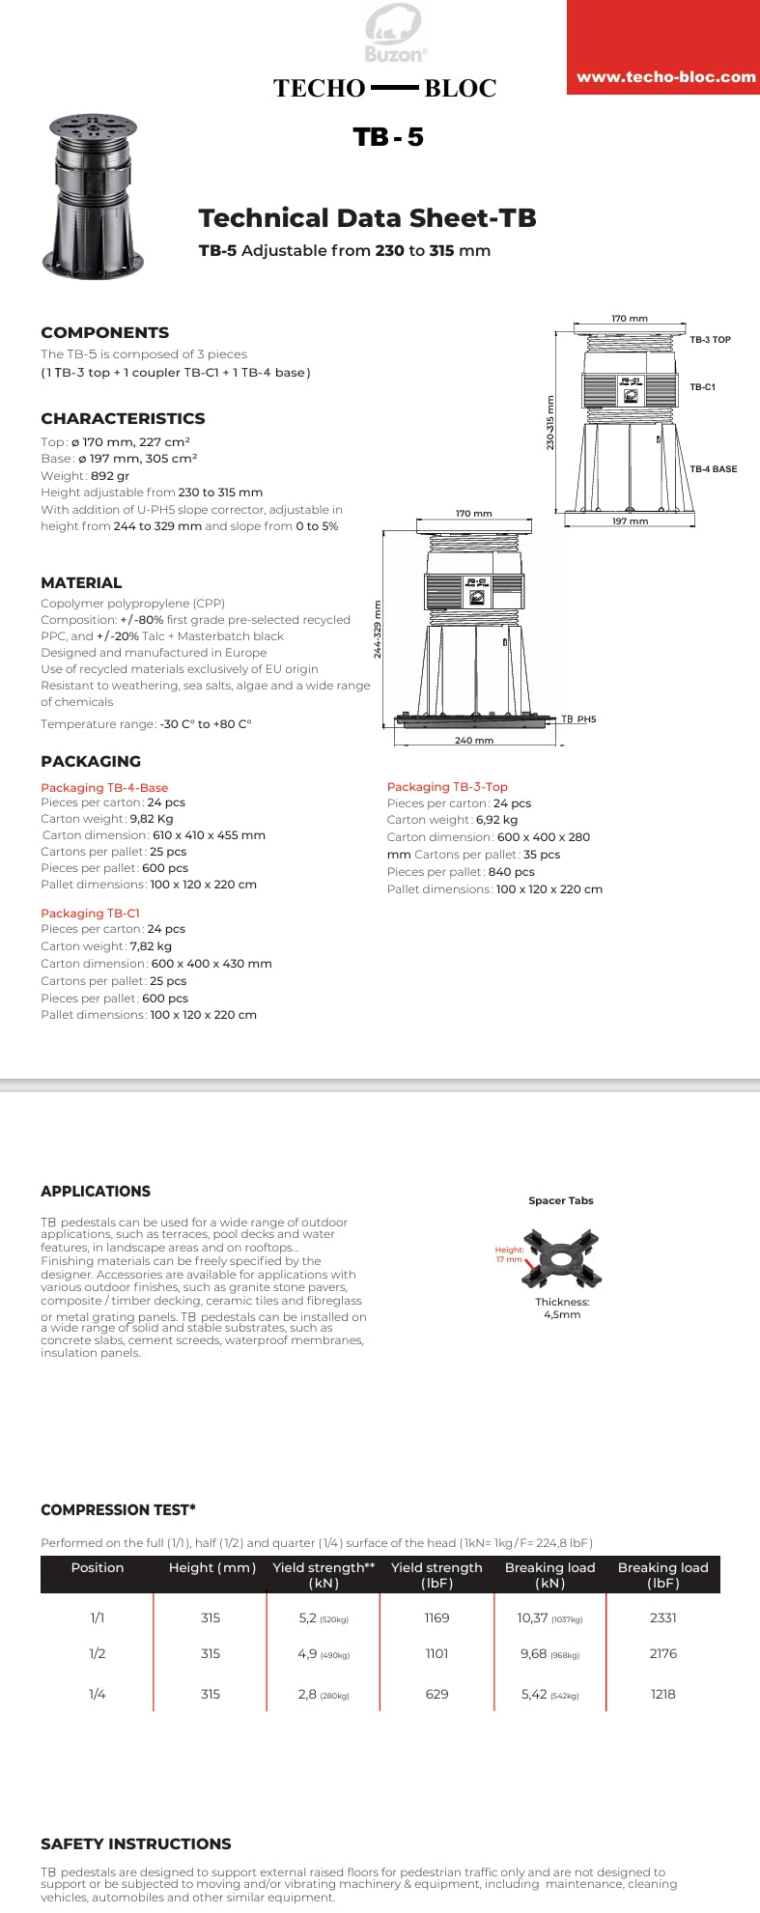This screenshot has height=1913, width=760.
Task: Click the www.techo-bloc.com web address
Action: pos(665,77)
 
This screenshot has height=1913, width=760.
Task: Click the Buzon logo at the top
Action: pos(395,34)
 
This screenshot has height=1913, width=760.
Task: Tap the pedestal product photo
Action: pos(94,196)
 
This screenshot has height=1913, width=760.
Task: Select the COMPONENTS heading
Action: pos(104,332)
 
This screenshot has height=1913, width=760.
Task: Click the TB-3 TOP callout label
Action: pos(710,340)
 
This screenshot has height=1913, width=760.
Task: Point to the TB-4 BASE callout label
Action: pos(713,469)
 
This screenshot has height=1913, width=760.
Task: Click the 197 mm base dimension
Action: pos(630,521)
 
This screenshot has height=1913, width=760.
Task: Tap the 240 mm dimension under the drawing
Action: pos(473,741)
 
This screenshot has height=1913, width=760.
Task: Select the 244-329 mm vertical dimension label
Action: pos(378,630)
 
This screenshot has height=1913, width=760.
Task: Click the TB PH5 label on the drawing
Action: pos(578,719)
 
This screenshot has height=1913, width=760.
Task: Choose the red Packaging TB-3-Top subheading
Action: pos(447,787)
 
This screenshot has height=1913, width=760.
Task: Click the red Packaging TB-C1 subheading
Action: pos(90,913)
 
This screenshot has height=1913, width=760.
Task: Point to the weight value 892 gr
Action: pos(110,475)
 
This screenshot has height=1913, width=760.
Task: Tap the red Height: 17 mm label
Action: pos(509,1254)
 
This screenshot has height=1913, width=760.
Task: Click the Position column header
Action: pos(98,1567)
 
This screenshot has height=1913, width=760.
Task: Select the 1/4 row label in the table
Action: pos(98,1694)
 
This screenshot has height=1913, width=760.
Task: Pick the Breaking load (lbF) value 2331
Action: pos(663,1618)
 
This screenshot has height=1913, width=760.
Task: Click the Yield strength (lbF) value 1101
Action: pos(436,1653)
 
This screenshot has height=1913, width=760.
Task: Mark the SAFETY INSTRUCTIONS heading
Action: pos(135,1843)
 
